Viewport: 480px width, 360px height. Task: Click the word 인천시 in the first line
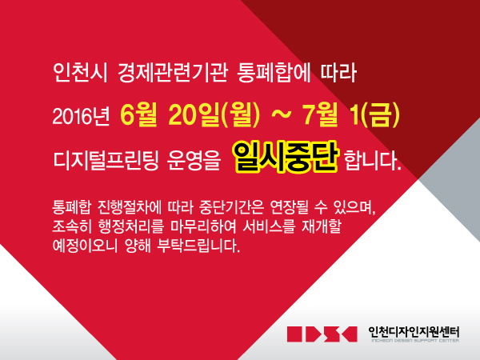click(80, 73)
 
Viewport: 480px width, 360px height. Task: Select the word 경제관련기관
click(173, 73)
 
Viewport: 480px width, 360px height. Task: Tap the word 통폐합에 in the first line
click(274, 73)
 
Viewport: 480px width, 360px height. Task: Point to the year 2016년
click(81, 116)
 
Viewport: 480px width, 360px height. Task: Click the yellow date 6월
click(138, 114)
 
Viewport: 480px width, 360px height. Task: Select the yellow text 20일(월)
click(214, 115)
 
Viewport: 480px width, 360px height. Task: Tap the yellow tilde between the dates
click(281, 114)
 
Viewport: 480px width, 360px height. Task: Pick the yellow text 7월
click(320, 114)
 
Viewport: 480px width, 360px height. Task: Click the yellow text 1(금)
click(375, 115)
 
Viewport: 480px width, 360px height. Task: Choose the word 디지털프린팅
click(106, 160)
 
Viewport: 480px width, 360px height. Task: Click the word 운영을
click(194, 160)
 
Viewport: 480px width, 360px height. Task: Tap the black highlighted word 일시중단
click(285, 157)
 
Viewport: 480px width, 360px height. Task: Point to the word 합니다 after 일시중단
click(373, 160)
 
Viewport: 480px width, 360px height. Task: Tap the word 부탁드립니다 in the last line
click(198, 246)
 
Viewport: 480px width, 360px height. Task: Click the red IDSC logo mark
click(322, 334)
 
